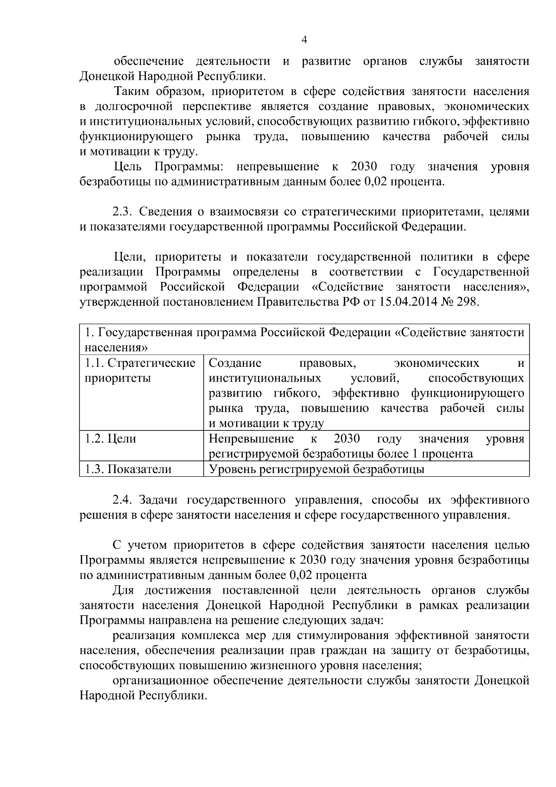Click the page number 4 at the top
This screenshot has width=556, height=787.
pyautogui.click(x=304, y=40)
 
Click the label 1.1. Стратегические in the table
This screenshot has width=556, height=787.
pyautogui.click(x=140, y=363)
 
